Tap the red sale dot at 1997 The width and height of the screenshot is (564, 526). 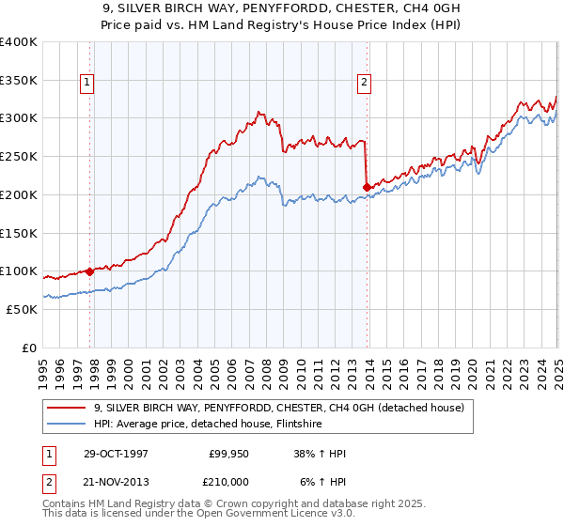click(x=90, y=271)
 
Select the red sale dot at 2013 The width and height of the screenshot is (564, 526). click(x=366, y=188)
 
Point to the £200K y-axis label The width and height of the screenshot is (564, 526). click(x=18, y=194)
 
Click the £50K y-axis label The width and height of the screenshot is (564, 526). click(x=22, y=309)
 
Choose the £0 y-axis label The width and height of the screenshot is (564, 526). click(x=27, y=348)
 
